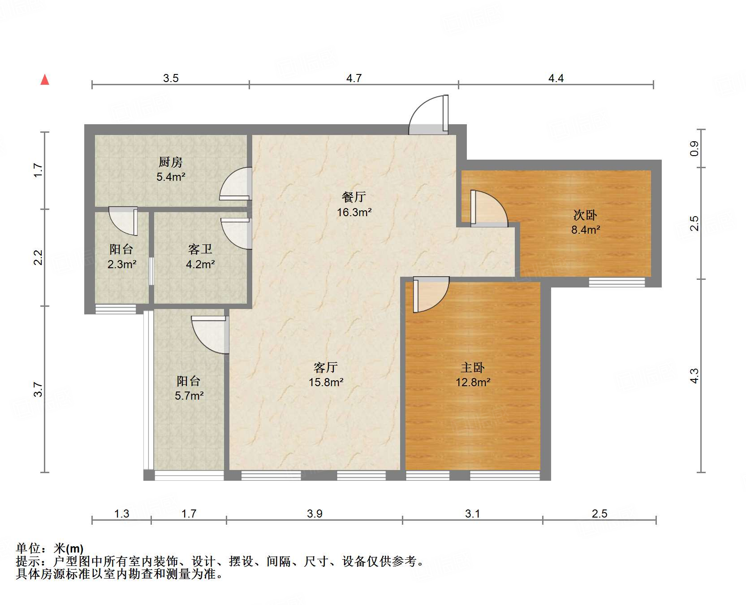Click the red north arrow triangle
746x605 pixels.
click(45, 80)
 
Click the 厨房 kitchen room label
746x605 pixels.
click(171, 162)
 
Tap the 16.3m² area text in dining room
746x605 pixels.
click(354, 213)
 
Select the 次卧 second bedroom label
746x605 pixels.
click(585, 215)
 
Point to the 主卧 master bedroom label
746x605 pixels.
click(473, 368)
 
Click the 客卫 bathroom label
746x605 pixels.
click(200, 249)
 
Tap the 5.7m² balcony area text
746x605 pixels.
click(189, 396)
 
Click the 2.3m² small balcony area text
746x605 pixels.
click(121, 265)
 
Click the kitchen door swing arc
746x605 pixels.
click(237, 184)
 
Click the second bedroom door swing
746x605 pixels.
click(489, 209)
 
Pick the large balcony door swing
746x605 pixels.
click(210, 334)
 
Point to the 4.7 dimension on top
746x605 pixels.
click(354, 78)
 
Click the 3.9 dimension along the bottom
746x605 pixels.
click(315, 514)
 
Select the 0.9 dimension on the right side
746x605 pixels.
click(694, 148)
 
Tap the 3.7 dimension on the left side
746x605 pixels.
click(38, 389)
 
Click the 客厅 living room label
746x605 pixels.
click(326, 368)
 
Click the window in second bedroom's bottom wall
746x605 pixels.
click(617, 282)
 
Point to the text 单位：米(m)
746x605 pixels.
click(50, 548)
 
